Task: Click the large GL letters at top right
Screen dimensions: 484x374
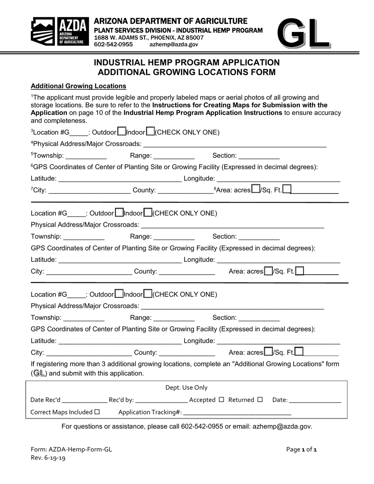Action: pos(303,33)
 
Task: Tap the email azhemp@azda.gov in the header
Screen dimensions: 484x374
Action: pos(174,44)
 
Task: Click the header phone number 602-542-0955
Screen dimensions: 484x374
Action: pos(113,44)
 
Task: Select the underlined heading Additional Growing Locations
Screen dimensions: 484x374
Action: pos(78,86)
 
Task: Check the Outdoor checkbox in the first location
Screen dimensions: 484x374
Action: pos(122,131)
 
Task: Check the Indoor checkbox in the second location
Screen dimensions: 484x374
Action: pos(148,213)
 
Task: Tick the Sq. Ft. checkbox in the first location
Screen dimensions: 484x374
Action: pos(287,190)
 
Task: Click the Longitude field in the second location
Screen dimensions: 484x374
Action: pos(278,260)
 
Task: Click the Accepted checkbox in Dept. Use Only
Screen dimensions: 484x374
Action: pos(221,400)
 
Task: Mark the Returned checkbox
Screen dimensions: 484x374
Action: pos(260,400)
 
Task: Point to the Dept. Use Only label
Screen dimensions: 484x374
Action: pos(186,388)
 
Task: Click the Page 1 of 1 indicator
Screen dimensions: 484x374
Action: pos(302,449)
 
